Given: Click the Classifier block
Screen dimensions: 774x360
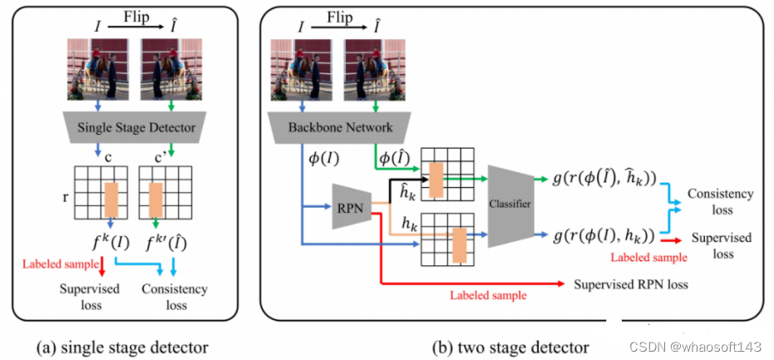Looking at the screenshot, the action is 511,205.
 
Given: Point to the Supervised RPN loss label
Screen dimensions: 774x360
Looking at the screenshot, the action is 630,285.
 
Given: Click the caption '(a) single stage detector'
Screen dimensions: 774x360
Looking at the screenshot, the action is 123,348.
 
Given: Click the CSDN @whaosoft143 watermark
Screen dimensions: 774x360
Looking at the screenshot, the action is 695,348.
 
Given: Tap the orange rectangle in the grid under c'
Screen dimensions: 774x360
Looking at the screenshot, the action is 156,200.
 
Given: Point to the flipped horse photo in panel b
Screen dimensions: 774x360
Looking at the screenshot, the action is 375,69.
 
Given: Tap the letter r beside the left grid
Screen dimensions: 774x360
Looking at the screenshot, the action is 66,195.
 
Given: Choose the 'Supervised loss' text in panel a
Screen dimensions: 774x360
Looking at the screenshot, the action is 89,297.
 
